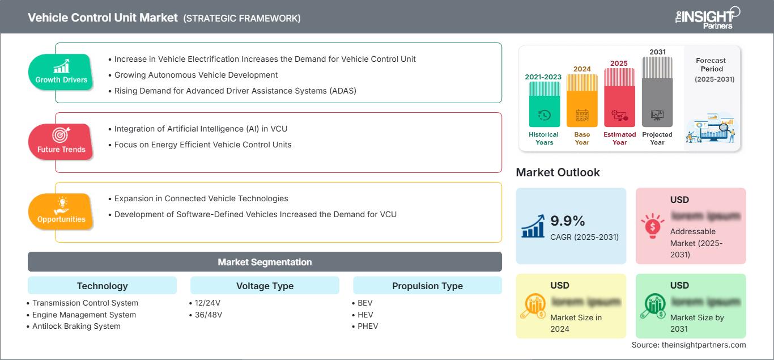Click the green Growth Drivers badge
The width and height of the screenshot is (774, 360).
click(61, 72)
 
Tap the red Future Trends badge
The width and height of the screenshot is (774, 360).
click(61, 142)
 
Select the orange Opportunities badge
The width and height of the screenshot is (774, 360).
click(61, 211)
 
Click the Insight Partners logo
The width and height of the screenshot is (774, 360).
click(707, 17)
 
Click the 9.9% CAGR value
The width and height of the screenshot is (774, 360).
click(567, 221)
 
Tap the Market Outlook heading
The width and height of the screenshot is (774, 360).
click(558, 172)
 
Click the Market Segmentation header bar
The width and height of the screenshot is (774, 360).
click(265, 262)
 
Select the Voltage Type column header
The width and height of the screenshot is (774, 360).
click(265, 286)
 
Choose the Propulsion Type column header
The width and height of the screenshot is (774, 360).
click(427, 286)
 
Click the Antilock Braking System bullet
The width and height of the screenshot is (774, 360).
click(76, 326)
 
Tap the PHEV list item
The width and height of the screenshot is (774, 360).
click(367, 326)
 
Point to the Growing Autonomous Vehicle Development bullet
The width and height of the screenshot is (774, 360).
click(195, 75)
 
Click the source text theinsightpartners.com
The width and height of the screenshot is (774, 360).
click(688, 345)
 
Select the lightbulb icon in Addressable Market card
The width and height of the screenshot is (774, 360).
click(652, 225)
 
